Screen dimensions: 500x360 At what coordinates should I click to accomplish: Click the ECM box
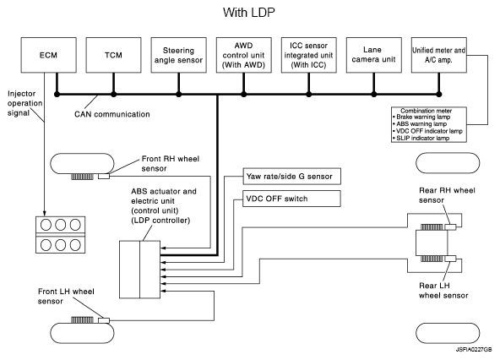[x=48, y=55]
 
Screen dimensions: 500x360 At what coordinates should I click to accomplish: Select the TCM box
[x=113, y=55]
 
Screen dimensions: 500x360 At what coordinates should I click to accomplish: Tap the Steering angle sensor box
[x=178, y=55]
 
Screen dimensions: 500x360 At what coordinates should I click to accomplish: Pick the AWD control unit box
[x=243, y=55]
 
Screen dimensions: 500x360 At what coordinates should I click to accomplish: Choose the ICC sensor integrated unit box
[x=308, y=55]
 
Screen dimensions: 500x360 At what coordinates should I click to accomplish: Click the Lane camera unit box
[x=373, y=55]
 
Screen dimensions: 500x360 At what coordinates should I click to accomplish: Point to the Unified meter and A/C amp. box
[x=439, y=55]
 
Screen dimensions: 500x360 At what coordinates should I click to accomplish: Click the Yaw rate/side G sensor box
[x=291, y=176]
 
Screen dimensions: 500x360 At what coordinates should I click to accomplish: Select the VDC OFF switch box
[x=291, y=199]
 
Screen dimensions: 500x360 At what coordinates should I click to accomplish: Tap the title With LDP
[x=248, y=13]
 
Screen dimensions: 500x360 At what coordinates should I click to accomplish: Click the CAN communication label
[x=112, y=114]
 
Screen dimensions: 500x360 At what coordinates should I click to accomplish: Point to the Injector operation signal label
[x=24, y=103]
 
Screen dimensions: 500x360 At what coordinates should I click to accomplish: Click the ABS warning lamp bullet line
[x=420, y=124]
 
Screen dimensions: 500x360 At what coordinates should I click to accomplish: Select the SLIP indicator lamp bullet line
[x=421, y=139]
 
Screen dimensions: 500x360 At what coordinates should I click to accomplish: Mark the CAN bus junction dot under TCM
[x=113, y=94]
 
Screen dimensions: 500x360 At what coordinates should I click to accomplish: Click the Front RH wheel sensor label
[x=171, y=163]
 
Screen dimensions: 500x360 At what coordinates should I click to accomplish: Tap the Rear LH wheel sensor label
[x=443, y=291]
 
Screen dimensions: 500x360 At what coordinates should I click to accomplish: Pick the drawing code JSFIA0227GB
[x=474, y=350]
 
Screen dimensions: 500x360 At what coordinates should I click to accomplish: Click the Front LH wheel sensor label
[x=66, y=296]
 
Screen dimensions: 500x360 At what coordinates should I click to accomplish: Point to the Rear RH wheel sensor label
[x=447, y=195]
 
